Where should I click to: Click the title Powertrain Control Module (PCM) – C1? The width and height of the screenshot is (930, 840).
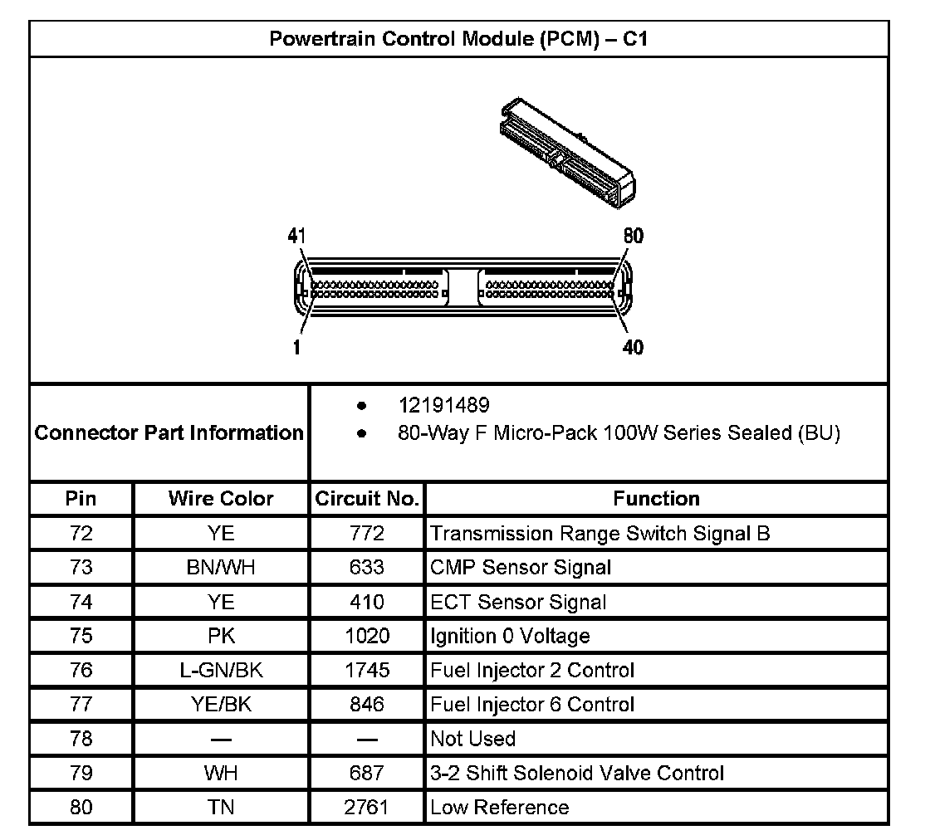click(458, 39)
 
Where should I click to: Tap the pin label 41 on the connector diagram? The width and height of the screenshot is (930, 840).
click(296, 237)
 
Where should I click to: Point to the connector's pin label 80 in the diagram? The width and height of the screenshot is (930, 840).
click(633, 237)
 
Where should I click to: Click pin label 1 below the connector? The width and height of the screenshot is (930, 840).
click(296, 348)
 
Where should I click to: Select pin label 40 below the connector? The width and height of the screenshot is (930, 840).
click(633, 348)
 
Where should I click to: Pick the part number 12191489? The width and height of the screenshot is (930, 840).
click(443, 406)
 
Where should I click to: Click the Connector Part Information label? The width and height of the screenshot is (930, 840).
click(169, 432)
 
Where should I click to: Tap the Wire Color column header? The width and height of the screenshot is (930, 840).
click(221, 499)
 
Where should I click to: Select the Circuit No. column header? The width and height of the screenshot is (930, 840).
click(366, 499)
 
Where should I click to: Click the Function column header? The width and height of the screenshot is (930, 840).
click(656, 499)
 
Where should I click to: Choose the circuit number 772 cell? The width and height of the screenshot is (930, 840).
click(366, 534)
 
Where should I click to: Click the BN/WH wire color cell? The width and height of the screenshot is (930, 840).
click(221, 568)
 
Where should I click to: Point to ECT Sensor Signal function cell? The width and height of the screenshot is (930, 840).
click(518, 602)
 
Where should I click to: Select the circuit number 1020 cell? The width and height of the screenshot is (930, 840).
click(366, 637)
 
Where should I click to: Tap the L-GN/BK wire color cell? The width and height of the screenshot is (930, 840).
click(221, 671)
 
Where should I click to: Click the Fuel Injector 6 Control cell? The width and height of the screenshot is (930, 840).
click(532, 705)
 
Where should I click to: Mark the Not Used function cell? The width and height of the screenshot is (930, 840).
click(472, 739)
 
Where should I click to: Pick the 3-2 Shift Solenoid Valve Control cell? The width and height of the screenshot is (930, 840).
click(577, 774)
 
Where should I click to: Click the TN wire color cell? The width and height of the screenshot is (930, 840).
click(221, 808)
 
